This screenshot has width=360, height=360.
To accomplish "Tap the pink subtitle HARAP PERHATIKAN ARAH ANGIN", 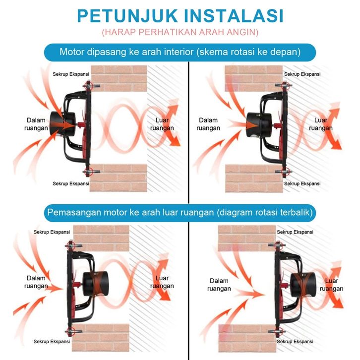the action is point(180,32).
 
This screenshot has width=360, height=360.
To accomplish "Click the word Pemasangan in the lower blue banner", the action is point(72,213).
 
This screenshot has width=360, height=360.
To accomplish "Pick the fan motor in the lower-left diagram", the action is point(95,285).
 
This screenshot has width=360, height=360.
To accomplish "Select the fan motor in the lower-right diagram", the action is point(300,285).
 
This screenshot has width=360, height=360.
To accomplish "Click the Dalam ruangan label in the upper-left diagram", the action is point(36,124).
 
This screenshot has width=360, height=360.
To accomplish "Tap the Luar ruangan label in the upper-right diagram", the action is point(321,124).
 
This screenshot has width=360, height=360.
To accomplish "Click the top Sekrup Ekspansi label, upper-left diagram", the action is point(71,74).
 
